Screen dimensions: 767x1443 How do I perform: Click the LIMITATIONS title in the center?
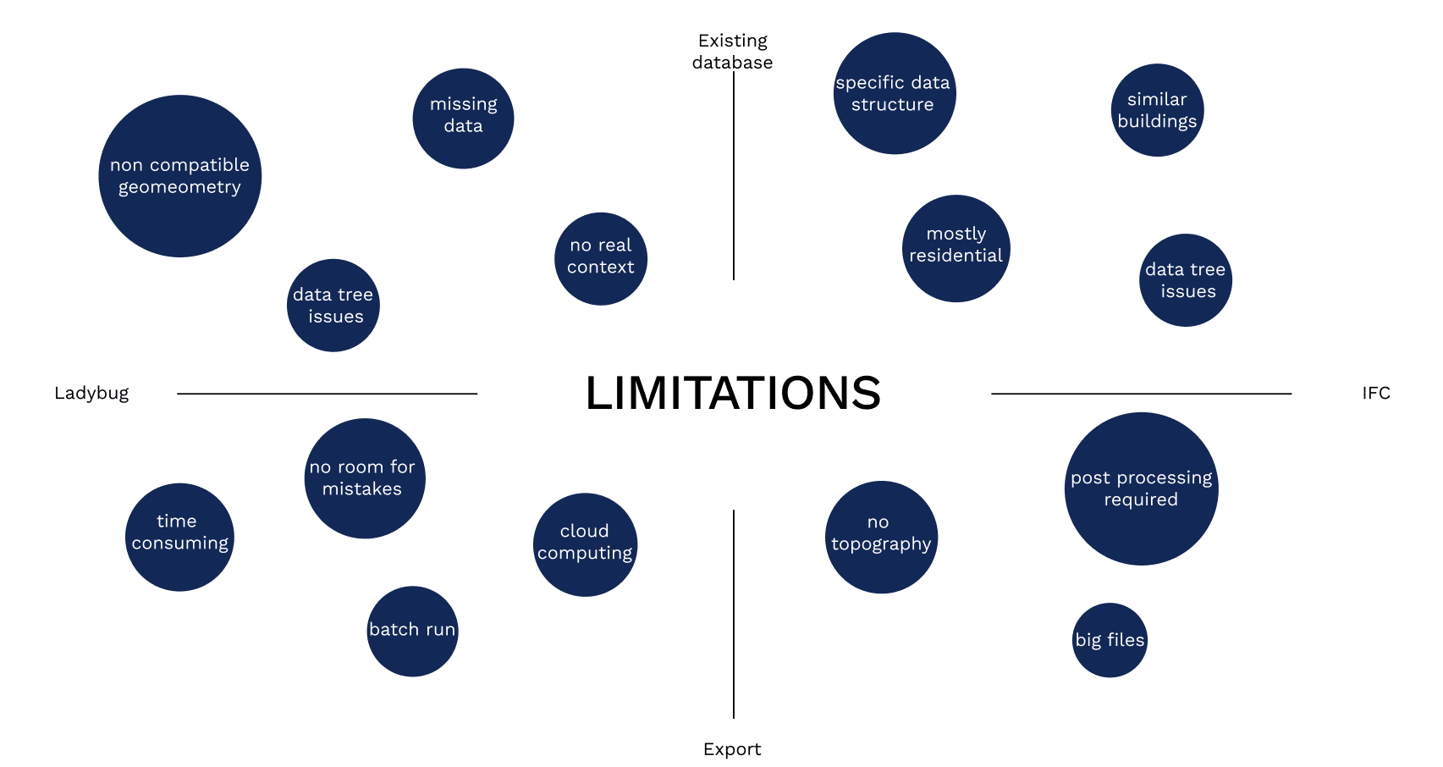(733, 394)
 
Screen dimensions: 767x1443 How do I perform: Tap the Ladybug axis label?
(91, 393)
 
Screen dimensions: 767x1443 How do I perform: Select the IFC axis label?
(1375, 393)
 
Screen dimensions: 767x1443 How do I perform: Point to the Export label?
(732, 749)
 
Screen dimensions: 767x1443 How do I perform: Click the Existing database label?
(732, 52)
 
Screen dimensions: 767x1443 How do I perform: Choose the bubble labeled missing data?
(463, 119)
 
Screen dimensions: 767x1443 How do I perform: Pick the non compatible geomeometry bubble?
(180, 176)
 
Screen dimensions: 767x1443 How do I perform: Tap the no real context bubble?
(601, 258)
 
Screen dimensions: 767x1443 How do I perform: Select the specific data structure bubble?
(895, 93)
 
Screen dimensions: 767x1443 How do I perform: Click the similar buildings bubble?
(1157, 110)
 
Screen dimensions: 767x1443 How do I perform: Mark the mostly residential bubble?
(956, 248)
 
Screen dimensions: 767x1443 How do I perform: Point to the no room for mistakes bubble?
(365, 478)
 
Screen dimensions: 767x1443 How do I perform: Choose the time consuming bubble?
(179, 537)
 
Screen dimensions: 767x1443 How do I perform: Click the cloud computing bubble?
(585, 544)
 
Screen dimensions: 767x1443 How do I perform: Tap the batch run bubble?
(412, 631)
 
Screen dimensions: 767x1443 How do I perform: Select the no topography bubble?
(881, 537)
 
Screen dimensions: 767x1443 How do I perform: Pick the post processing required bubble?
(1141, 488)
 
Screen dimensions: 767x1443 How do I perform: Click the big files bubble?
(1110, 640)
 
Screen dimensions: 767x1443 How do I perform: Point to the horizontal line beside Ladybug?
(327, 394)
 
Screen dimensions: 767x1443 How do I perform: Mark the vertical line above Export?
(734, 614)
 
